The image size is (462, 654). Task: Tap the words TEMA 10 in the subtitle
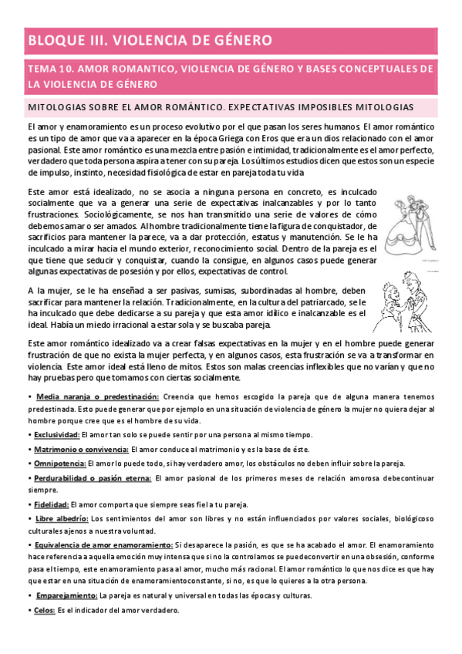[49, 69]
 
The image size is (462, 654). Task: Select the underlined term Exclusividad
[56, 434]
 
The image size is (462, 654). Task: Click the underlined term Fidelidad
[50, 504]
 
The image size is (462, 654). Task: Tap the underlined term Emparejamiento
[66, 595]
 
